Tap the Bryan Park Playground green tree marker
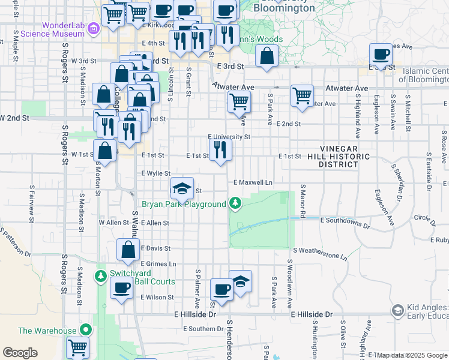click(x=237, y=205)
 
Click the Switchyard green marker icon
click(x=100, y=276)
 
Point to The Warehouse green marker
click(x=86, y=330)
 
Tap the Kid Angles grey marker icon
click(x=397, y=310)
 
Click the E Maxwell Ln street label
click(x=253, y=182)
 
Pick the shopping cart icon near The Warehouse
click(x=78, y=347)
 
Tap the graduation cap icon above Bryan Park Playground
click(x=182, y=188)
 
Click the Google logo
click(x=20, y=353)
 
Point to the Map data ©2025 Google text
click(x=412, y=355)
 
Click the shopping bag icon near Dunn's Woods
click(x=267, y=56)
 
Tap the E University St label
click(x=229, y=137)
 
